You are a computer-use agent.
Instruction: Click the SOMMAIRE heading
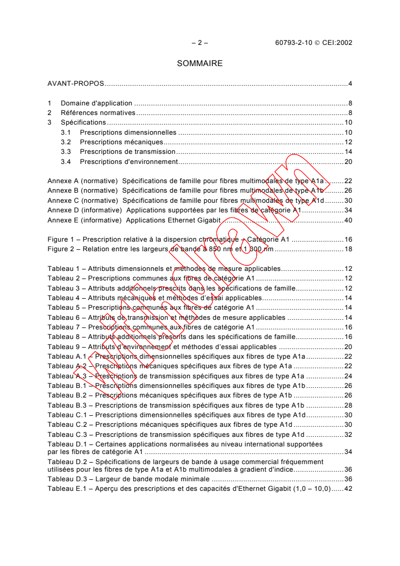click(x=200, y=64)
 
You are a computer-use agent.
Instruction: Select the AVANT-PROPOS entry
click(x=76, y=83)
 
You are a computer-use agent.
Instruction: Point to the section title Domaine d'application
click(x=96, y=103)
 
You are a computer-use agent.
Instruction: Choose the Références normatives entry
click(x=98, y=112)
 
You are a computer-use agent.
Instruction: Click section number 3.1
click(x=66, y=132)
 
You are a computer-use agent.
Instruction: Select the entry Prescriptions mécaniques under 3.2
click(x=122, y=142)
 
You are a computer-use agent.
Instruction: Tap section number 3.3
click(x=66, y=152)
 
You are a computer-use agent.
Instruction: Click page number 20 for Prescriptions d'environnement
click(x=348, y=162)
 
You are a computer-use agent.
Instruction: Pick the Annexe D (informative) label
click(x=84, y=210)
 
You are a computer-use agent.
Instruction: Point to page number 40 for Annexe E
click(x=348, y=220)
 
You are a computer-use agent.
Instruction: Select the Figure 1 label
click(x=62, y=240)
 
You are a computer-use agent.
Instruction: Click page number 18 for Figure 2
click(x=348, y=249)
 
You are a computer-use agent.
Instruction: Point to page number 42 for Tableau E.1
click(x=348, y=489)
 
